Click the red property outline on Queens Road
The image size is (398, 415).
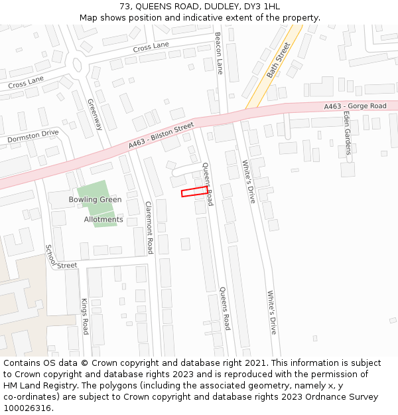194,191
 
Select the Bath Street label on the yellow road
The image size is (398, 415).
279,60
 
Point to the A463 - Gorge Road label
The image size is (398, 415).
355,106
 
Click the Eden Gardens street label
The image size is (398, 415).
347,132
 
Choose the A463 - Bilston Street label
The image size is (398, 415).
161,135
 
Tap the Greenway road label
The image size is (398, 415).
95,114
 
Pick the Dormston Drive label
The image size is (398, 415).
33,137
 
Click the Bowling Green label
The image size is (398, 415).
95,199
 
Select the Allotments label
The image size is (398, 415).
103,219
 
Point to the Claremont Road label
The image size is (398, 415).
149,227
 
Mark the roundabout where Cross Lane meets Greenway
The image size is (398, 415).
77,65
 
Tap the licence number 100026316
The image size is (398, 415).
28,408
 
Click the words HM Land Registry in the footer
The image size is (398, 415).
34,386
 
